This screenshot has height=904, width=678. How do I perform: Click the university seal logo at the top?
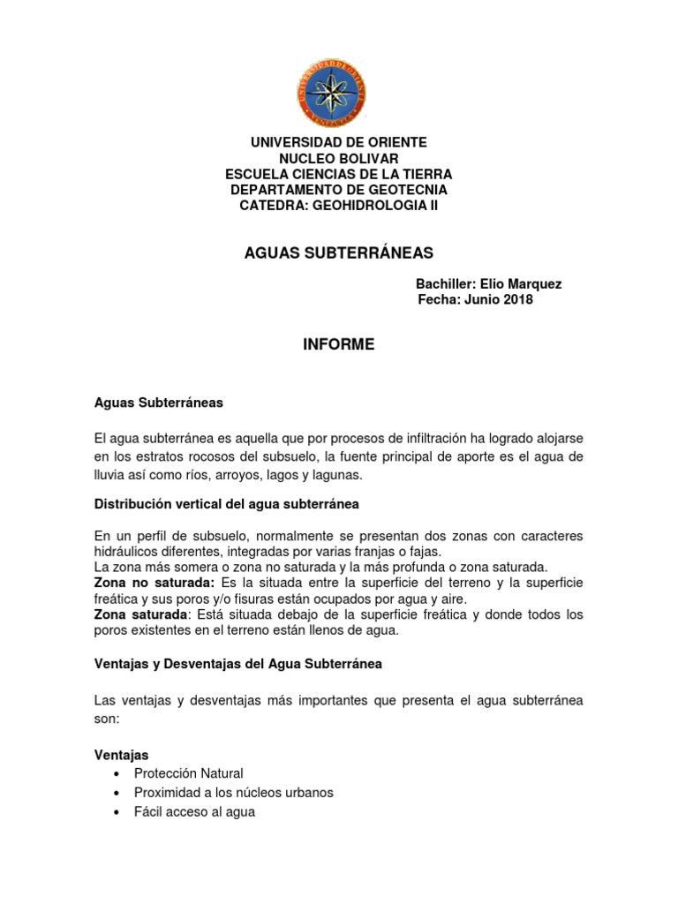click(x=329, y=93)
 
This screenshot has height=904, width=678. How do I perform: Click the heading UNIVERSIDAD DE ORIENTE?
click(x=339, y=142)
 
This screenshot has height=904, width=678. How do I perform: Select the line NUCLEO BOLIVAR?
click(x=339, y=158)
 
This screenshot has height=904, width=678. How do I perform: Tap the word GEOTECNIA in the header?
click(x=406, y=190)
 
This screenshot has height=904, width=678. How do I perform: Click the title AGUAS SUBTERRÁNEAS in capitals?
click(x=339, y=253)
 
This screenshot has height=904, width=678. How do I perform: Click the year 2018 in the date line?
click(x=517, y=300)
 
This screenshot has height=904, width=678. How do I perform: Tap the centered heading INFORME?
click(x=339, y=345)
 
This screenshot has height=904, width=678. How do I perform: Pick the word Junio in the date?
click(x=478, y=300)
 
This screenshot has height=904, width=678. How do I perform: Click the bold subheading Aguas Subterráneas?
click(x=159, y=403)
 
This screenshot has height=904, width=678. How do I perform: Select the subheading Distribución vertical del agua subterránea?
click(x=227, y=504)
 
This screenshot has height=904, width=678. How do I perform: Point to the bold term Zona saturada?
click(x=140, y=614)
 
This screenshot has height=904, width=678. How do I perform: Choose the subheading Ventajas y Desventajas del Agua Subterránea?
click(x=237, y=664)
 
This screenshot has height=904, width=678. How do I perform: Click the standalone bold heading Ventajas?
click(x=121, y=755)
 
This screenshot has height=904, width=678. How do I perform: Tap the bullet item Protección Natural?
click(x=188, y=773)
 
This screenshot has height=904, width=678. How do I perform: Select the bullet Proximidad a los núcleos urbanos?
click(x=233, y=792)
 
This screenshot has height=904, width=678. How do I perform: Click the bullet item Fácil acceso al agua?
click(x=194, y=811)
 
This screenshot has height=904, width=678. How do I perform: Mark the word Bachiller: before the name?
click(x=446, y=284)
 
